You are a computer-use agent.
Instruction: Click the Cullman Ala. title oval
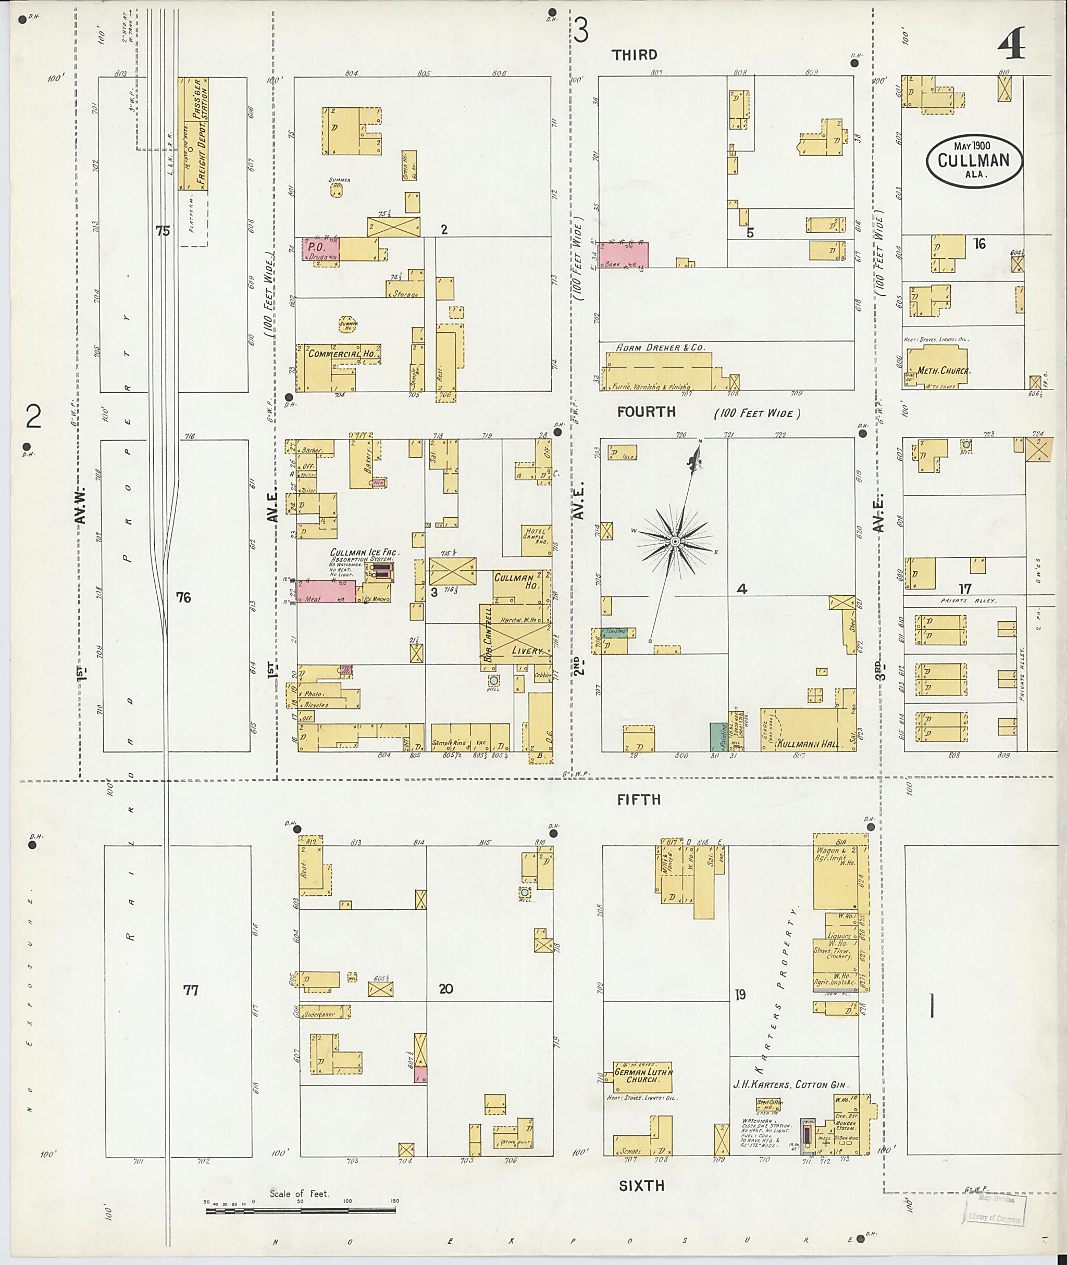point(974,161)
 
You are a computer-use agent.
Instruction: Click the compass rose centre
point(675,541)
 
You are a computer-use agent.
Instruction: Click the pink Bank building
point(623,255)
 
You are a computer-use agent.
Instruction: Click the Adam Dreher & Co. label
point(661,348)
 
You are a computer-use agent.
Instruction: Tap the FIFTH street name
point(639,800)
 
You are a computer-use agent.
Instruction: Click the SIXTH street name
point(641,1186)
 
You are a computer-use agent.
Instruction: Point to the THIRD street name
point(634,55)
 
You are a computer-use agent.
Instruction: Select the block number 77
point(191,991)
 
